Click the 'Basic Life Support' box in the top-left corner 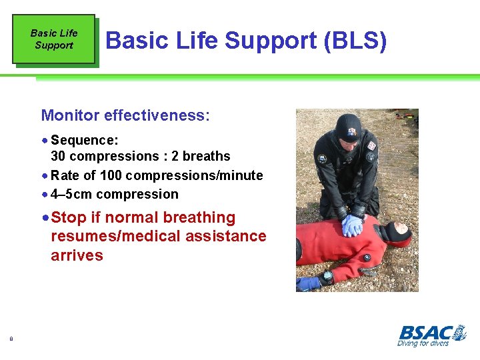[x=54, y=39]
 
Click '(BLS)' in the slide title [x=355, y=41]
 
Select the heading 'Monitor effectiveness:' [x=125, y=115]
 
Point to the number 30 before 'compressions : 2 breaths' [x=59, y=156]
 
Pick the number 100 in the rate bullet [x=111, y=175]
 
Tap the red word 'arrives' [x=77, y=255]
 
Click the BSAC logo [x=432, y=331]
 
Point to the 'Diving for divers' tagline [x=423, y=343]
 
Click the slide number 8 [x=11, y=339]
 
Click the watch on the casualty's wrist [x=326, y=277]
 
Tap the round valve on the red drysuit [x=366, y=257]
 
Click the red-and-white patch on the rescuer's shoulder [x=371, y=145]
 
